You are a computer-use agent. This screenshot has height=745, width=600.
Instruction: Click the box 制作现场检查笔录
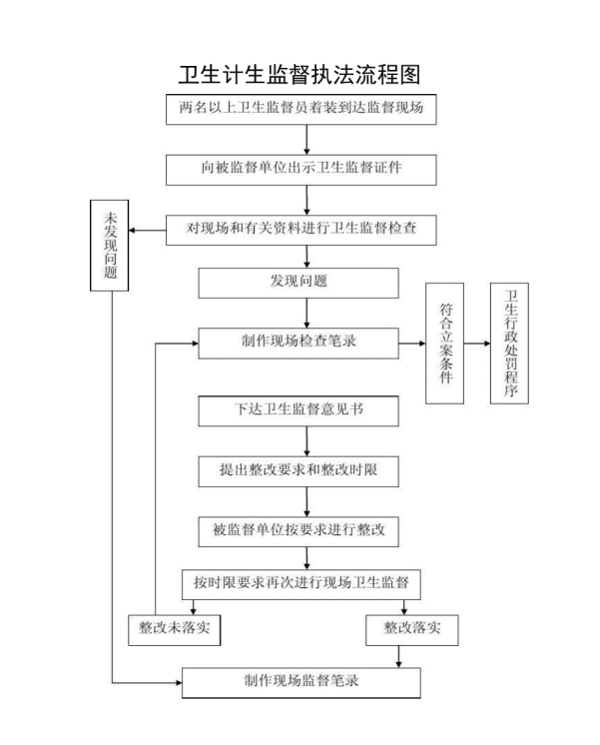coord(300,343)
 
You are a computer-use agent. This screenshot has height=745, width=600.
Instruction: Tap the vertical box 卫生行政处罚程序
coord(510,343)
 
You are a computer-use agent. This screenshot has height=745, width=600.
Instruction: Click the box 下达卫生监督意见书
coord(300,410)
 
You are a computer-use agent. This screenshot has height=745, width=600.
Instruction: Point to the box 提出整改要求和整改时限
coord(300,468)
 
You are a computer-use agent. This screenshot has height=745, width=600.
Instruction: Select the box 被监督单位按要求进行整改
coord(300,530)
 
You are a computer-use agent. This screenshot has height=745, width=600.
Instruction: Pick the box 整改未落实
coord(174,628)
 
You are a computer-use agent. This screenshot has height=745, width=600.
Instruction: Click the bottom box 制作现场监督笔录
coord(300,682)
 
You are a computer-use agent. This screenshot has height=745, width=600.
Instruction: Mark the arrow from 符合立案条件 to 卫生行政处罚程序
coord(478,343)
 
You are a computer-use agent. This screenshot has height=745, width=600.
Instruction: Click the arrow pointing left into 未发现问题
coord(149,231)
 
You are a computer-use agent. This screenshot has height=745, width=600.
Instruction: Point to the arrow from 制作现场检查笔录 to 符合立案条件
coord(411,343)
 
